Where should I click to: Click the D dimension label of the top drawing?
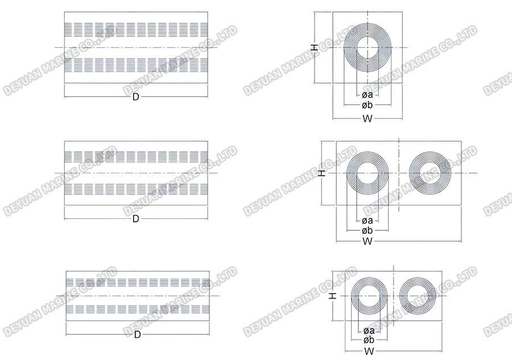pyautogui.click(x=136, y=97)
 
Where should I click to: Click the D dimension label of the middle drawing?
pyautogui.click(x=136, y=219)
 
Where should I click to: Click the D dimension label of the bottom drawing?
pyautogui.click(x=137, y=335)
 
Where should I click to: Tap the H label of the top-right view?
pyautogui.click(x=315, y=48)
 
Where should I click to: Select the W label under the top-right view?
pyautogui.click(x=367, y=118)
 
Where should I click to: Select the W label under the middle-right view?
pyautogui.click(x=367, y=242)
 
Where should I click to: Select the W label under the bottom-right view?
pyautogui.click(x=368, y=350)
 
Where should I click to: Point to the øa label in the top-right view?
pyautogui.click(x=367, y=94)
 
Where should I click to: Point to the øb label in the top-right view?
pyautogui.click(x=367, y=106)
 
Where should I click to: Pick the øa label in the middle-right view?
pyautogui.click(x=367, y=221)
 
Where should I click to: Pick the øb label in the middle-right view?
pyautogui.click(x=367, y=230)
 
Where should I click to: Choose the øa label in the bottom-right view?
pyautogui.click(x=368, y=330)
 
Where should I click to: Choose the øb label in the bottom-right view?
pyautogui.click(x=368, y=340)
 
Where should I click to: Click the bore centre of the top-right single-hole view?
pyautogui.click(x=368, y=47)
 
